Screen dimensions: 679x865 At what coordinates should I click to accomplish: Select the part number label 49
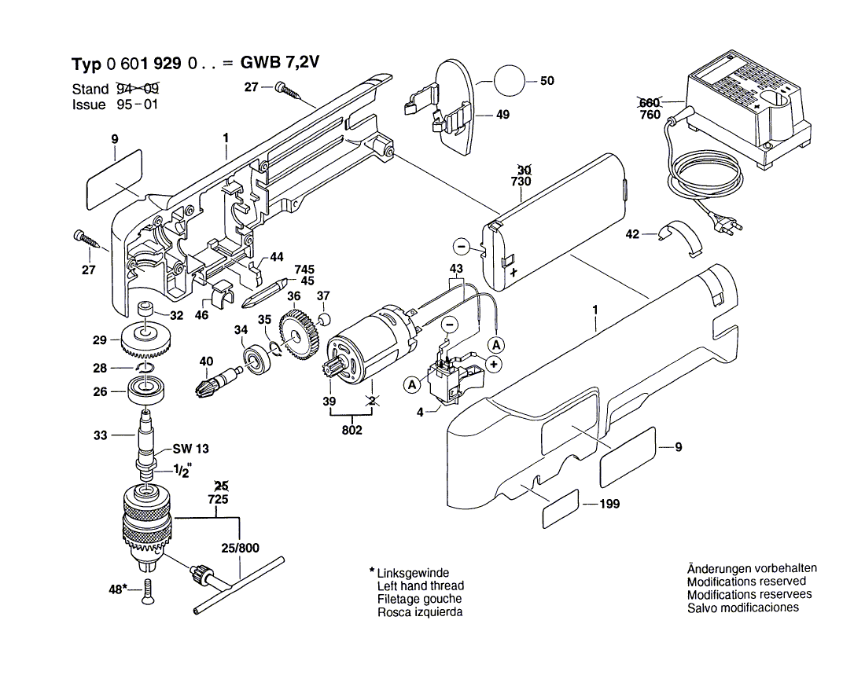point(502,115)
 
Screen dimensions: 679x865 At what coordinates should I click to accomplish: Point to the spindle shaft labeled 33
point(145,440)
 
